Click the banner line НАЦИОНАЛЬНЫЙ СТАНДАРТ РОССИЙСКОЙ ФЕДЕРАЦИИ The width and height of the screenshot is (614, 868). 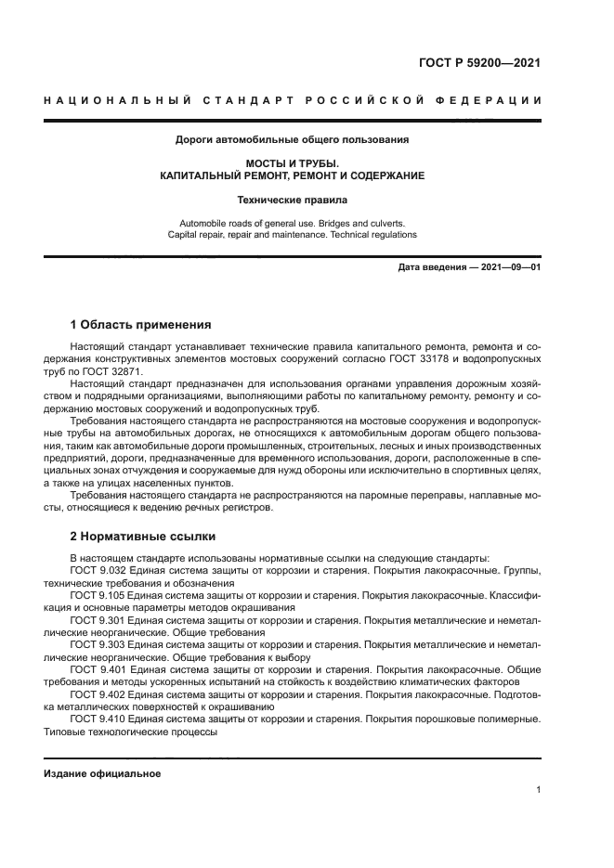tap(293, 101)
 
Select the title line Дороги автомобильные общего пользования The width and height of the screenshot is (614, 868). tap(293, 140)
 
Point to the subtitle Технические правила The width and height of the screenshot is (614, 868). tap(293, 199)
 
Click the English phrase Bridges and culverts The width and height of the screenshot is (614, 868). tap(360, 223)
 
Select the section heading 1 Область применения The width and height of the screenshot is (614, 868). tap(141, 325)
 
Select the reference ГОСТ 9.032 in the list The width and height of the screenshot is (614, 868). tap(99, 570)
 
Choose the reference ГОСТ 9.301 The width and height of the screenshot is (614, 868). tap(99, 619)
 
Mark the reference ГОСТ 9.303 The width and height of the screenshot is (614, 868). tap(99, 643)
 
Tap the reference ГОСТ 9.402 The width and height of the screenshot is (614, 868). tap(99, 693)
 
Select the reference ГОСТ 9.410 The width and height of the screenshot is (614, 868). tap(99, 718)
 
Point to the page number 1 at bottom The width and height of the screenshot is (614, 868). tap(538, 790)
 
